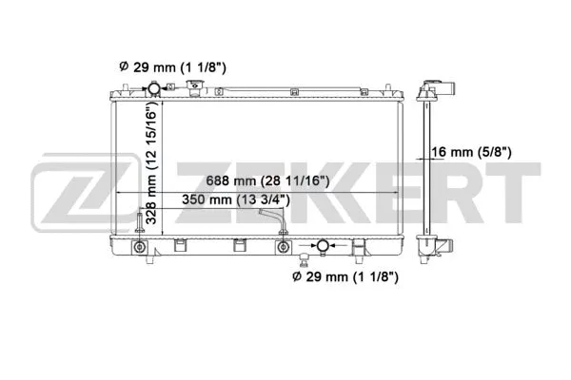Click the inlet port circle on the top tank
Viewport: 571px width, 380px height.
click(152, 89)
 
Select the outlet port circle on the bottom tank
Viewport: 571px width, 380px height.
click(324, 247)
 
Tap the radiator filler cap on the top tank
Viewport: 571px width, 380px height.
click(194, 90)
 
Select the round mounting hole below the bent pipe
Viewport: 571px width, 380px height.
click(282, 248)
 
